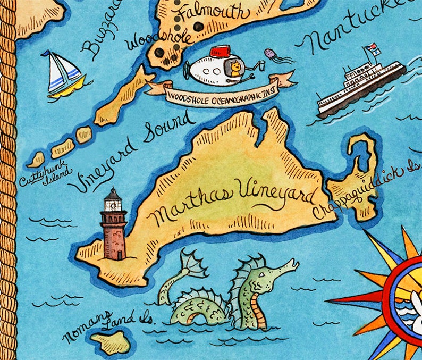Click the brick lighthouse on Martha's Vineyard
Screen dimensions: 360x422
pos(113,225)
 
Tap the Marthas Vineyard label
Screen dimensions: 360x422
pos(234,203)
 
